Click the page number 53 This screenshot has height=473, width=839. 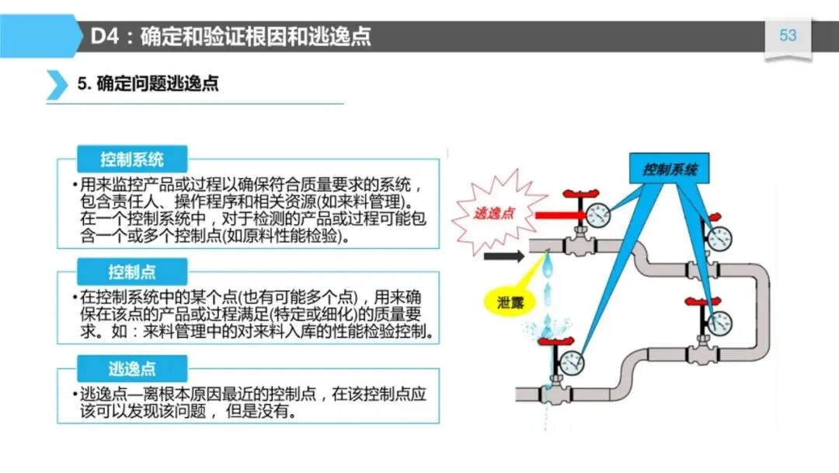tap(788, 36)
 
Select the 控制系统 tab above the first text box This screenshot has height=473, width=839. tap(132, 160)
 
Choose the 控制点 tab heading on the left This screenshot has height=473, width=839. tap(132, 272)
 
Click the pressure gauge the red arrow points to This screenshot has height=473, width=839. tap(598, 214)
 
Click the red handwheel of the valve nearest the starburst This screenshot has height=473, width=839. tap(576, 193)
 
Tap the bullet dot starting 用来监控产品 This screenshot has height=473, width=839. tap(75, 185)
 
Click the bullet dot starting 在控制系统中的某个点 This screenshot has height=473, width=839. tap(75, 298)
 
